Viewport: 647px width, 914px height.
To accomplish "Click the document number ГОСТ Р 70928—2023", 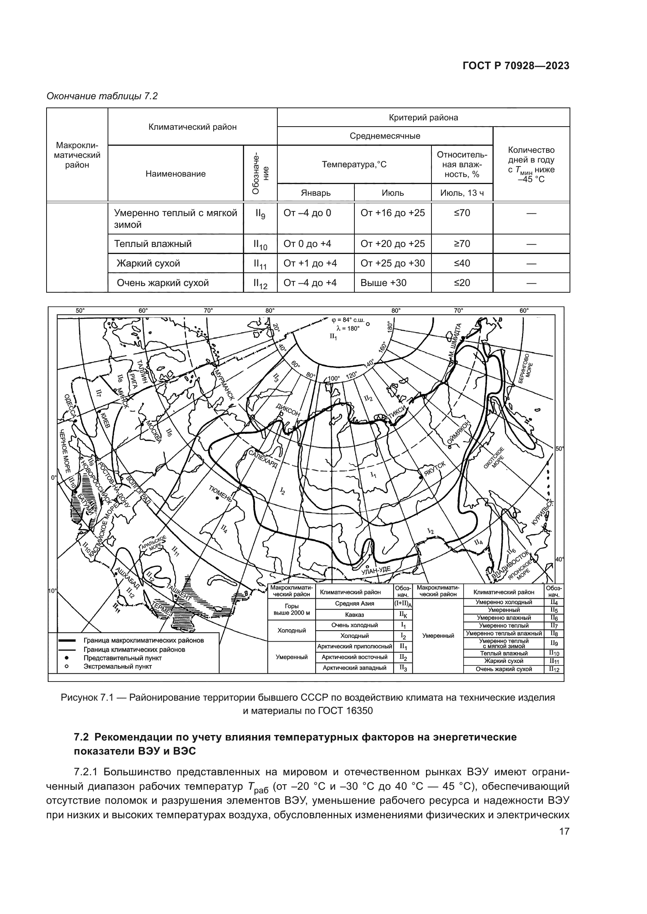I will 516,66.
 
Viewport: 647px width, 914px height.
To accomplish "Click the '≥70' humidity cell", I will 462,243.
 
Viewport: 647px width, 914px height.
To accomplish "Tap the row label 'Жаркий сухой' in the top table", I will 148,263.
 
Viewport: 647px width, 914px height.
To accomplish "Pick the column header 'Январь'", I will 316,193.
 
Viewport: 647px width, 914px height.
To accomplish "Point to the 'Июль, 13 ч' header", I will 462,193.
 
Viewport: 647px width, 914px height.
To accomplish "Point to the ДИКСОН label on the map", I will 288,409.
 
